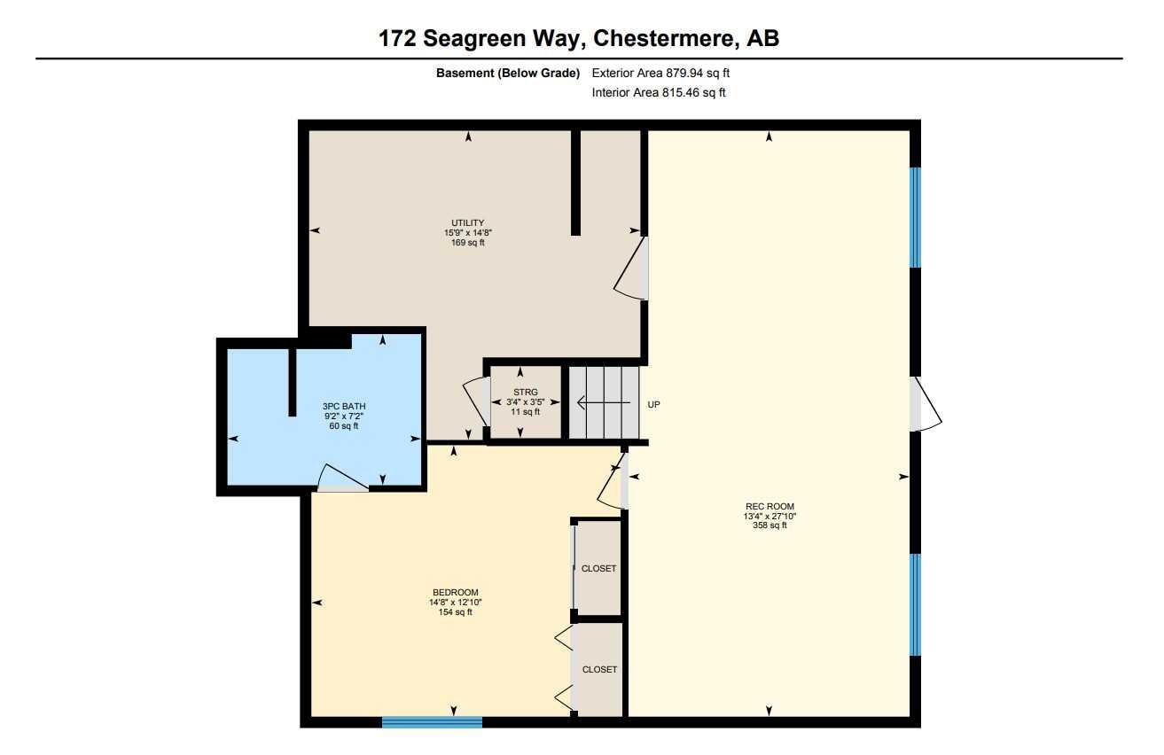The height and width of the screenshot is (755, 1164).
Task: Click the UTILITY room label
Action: [x=468, y=223]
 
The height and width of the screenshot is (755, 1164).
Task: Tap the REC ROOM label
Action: [x=769, y=507]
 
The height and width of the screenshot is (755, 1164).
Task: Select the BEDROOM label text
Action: [x=455, y=593]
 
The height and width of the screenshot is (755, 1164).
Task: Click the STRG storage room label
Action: [x=526, y=392]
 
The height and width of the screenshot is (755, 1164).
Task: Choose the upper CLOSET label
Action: [x=598, y=568]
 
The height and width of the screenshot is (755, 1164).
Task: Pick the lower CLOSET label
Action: [x=598, y=670]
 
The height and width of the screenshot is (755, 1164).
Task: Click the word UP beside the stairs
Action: [x=654, y=404]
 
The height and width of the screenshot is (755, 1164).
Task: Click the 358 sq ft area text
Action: [x=769, y=525]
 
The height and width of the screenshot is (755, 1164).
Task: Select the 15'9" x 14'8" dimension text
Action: [x=468, y=233]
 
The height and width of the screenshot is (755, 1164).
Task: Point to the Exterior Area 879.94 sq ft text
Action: [x=660, y=74]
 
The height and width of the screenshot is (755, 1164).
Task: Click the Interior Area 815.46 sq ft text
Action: [x=659, y=92]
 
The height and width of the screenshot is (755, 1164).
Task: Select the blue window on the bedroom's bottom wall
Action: [x=432, y=722]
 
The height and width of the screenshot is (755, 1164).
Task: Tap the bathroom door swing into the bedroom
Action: [x=341, y=479]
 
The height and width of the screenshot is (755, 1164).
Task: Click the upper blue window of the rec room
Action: [x=916, y=217]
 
